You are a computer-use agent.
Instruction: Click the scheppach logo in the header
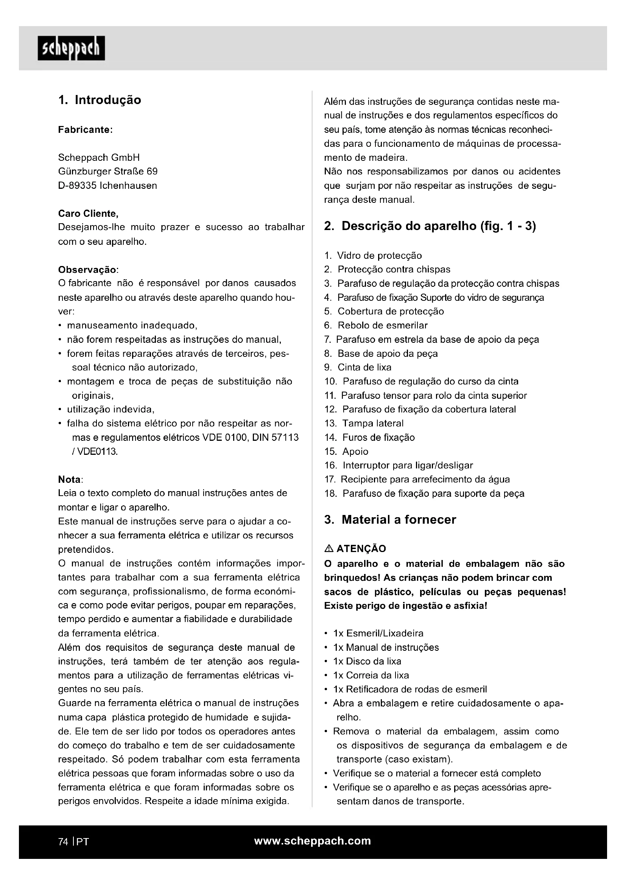point(71,48)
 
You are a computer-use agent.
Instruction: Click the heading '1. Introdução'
point(100,100)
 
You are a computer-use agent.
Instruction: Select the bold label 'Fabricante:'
point(85,130)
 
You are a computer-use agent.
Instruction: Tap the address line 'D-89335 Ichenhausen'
point(107,186)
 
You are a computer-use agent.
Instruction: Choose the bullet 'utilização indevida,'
point(111,409)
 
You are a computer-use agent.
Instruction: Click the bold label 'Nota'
point(69,479)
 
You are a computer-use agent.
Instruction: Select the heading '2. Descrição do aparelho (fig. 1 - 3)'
point(430,226)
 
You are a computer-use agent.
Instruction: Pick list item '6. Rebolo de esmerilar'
point(376,325)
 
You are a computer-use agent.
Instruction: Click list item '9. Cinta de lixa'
point(358,367)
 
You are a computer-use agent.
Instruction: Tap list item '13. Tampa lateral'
point(364,423)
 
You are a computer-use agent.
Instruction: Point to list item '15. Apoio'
point(346,451)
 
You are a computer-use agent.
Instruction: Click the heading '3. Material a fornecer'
point(390,520)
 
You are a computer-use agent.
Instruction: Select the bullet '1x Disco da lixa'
point(367,661)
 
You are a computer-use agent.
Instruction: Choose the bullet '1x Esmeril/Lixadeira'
point(378,633)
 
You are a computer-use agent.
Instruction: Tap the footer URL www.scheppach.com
point(313,841)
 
